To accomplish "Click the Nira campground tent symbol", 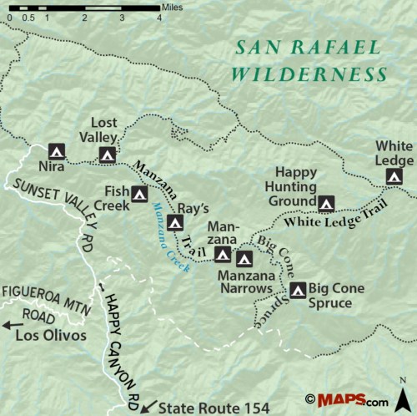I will [56, 151].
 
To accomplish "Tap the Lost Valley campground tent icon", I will [107, 154].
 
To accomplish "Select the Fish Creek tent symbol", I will [140, 194].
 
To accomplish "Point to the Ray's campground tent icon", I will [174, 222].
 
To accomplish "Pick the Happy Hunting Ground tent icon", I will [327, 202].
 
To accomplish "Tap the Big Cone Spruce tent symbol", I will [298, 290].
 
